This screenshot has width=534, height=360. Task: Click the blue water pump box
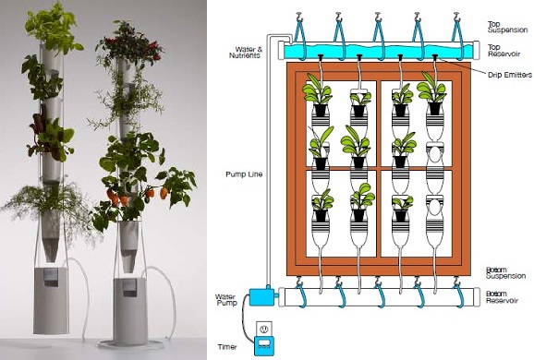[261, 296]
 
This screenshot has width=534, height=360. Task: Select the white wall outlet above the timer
[264, 329]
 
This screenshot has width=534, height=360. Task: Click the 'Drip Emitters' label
[510, 75]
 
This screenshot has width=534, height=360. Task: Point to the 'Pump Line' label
[244, 174]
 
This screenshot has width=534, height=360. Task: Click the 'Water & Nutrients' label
[246, 53]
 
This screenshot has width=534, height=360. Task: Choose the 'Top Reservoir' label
[504, 51]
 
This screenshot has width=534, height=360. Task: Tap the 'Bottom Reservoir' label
[502, 297]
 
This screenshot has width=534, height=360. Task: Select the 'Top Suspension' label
[507, 27]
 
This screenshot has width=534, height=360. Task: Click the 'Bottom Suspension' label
[505, 273]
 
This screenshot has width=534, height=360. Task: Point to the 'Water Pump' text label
[226, 300]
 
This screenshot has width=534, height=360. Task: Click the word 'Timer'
[227, 347]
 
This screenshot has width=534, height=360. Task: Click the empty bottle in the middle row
[435, 163]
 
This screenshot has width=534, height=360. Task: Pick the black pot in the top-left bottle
[320, 110]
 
